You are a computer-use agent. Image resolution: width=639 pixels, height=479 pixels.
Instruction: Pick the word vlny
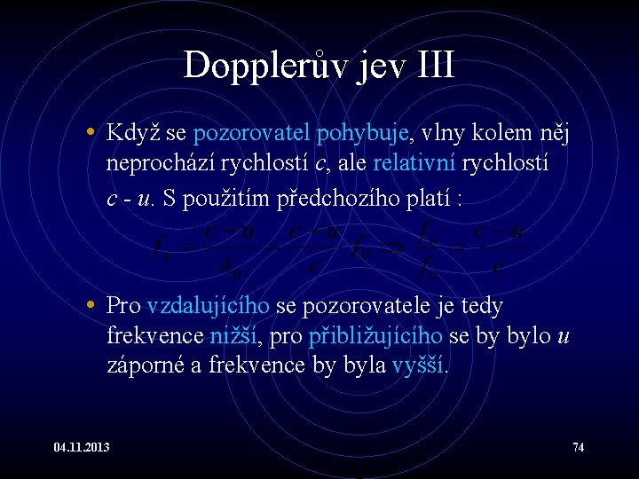click(446, 135)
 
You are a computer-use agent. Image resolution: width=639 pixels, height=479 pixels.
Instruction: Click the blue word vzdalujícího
click(209, 307)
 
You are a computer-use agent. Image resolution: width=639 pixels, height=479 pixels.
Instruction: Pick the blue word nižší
click(233, 337)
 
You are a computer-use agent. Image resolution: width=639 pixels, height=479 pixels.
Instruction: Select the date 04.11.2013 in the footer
click(81, 447)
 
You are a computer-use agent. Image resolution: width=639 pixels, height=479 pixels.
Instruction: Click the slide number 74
click(579, 447)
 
